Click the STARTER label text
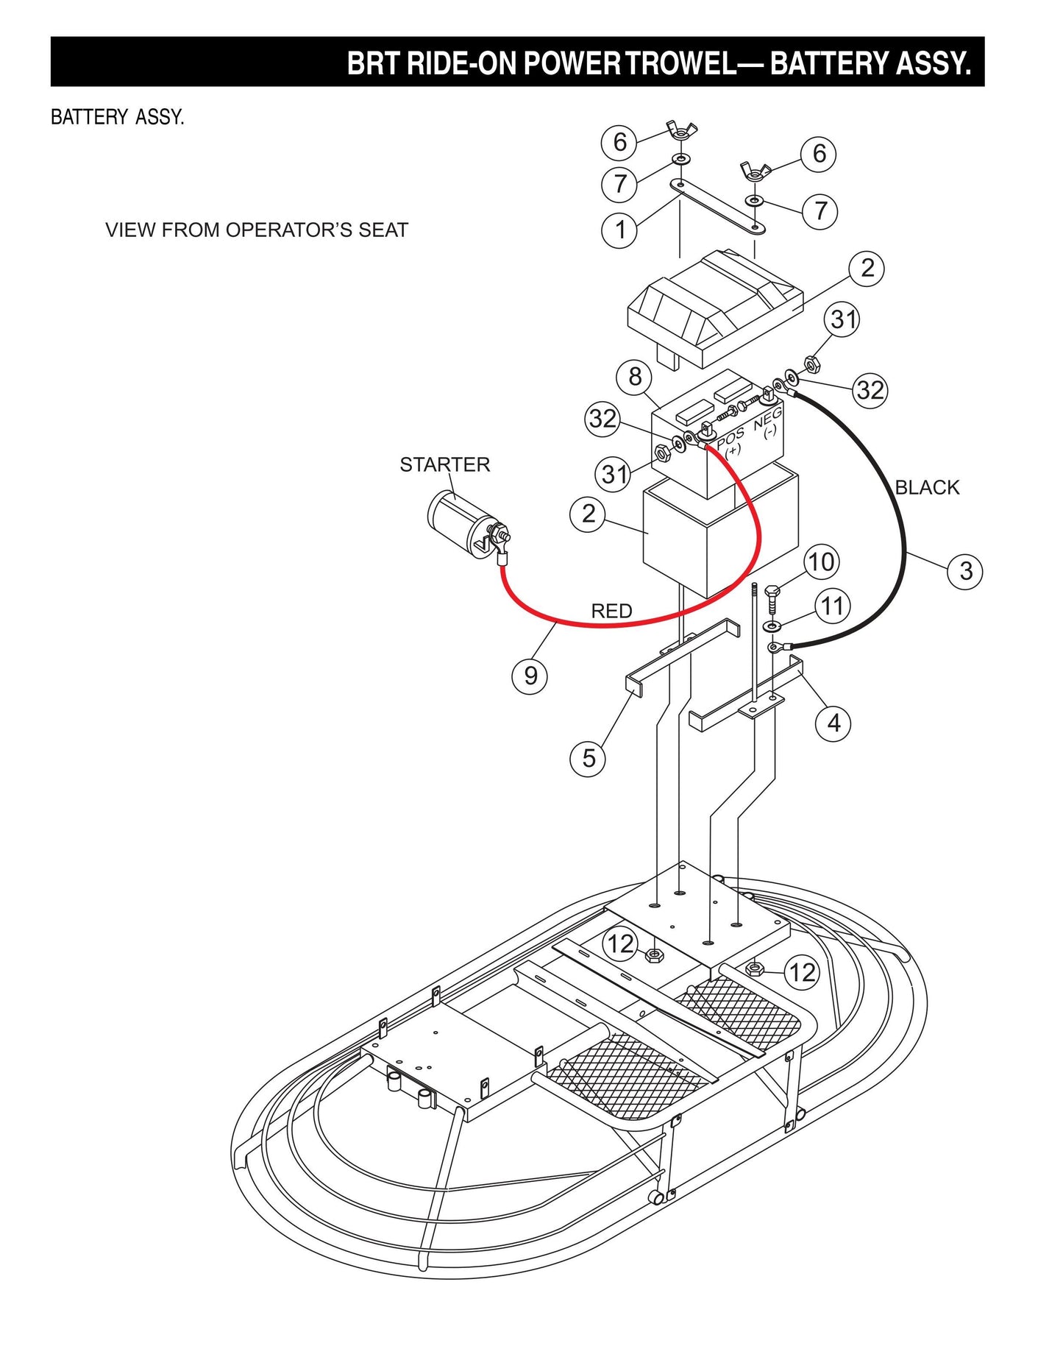click(444, 464)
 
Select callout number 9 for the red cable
click(530, 676)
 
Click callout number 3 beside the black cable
click(966, 571)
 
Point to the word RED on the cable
click(611, 611)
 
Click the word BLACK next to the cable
click(927, 487)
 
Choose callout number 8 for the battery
click(635, 377)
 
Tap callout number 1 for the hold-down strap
click(619, 230)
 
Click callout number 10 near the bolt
click(821, 562)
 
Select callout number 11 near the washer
click(832, 606)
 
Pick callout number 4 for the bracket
click(833, 723)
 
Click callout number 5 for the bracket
click(589, 758)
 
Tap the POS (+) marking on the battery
click(730, 440)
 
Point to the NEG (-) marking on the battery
click(768, 423)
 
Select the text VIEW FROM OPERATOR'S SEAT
click(256, 230)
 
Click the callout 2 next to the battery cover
click(867, 269)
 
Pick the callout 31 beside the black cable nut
click(843, 319)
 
